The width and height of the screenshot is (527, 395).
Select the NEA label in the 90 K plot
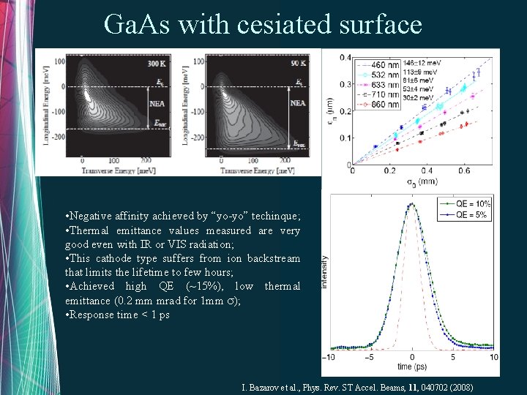[298, 103]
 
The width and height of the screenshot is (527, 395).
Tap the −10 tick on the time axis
[331, 358]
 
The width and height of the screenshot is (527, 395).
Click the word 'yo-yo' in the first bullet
[220, 217]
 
